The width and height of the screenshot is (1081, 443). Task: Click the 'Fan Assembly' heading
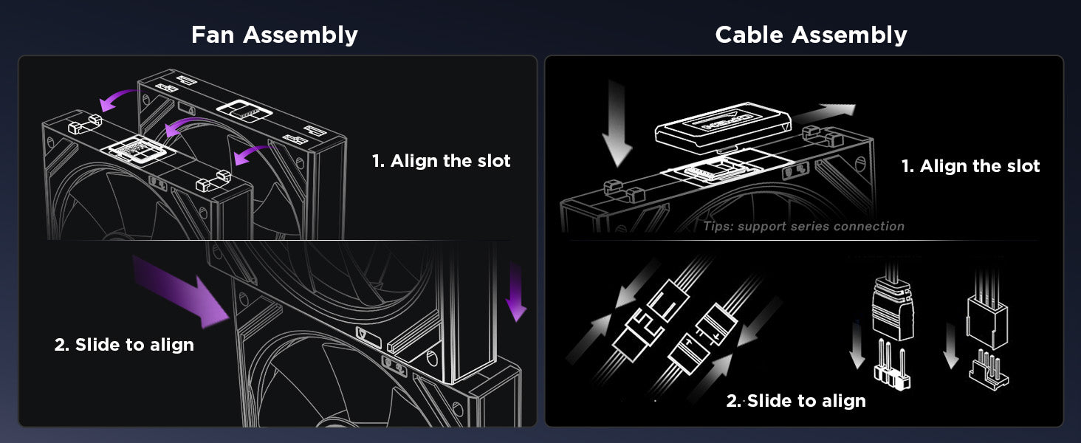275,35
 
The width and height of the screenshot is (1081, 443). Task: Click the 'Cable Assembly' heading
811,35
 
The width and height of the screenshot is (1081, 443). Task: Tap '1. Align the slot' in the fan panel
441,161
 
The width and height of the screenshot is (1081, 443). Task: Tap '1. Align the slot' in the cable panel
970,166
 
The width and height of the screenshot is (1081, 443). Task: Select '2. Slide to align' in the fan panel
124,345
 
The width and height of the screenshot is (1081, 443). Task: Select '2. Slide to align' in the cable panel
796,400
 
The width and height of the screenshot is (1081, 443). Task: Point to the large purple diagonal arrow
181,292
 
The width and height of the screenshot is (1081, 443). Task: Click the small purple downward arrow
516,292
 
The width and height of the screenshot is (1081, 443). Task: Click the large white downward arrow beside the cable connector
617,123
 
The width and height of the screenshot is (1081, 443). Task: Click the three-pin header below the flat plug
892,365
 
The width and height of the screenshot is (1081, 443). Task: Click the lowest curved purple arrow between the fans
253,154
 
